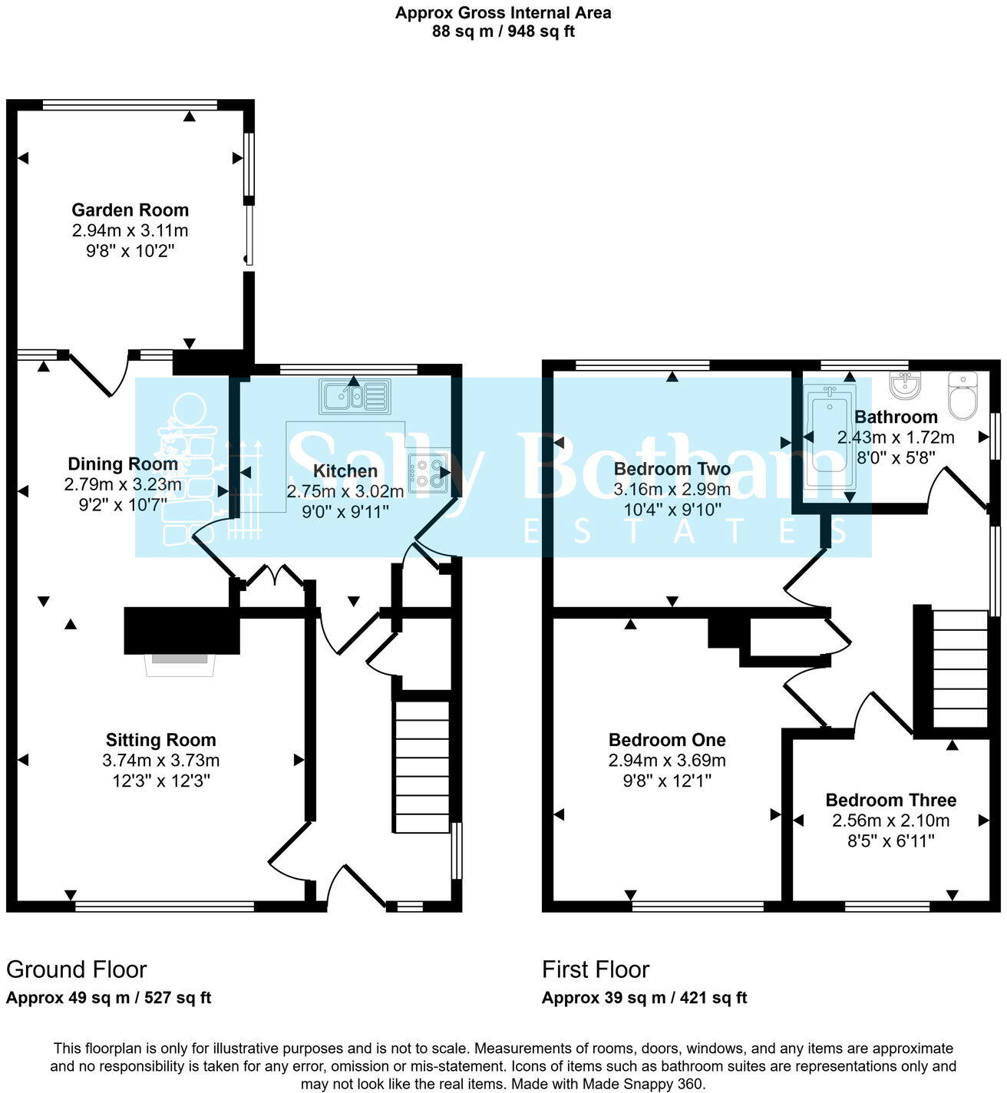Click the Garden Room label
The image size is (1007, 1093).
coord(130,210)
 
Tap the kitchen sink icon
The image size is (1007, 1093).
coord(355,397)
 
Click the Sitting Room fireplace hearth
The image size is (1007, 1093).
coord(179,665)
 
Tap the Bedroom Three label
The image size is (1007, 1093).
coord(890,800)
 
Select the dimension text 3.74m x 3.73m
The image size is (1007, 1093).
coord(160,761)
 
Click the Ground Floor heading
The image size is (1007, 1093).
coord(76,969)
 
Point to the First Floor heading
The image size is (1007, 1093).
coord(596,969)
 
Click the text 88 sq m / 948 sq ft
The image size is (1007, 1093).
coord(503,31)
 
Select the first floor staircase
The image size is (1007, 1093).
coord(959,669)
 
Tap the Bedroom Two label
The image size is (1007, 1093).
coord(672,469)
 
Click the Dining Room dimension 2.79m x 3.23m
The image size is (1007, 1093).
coord(123,484)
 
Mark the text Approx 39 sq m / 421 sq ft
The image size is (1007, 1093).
coord(644,998)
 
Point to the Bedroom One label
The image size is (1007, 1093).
coord(666,740)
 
